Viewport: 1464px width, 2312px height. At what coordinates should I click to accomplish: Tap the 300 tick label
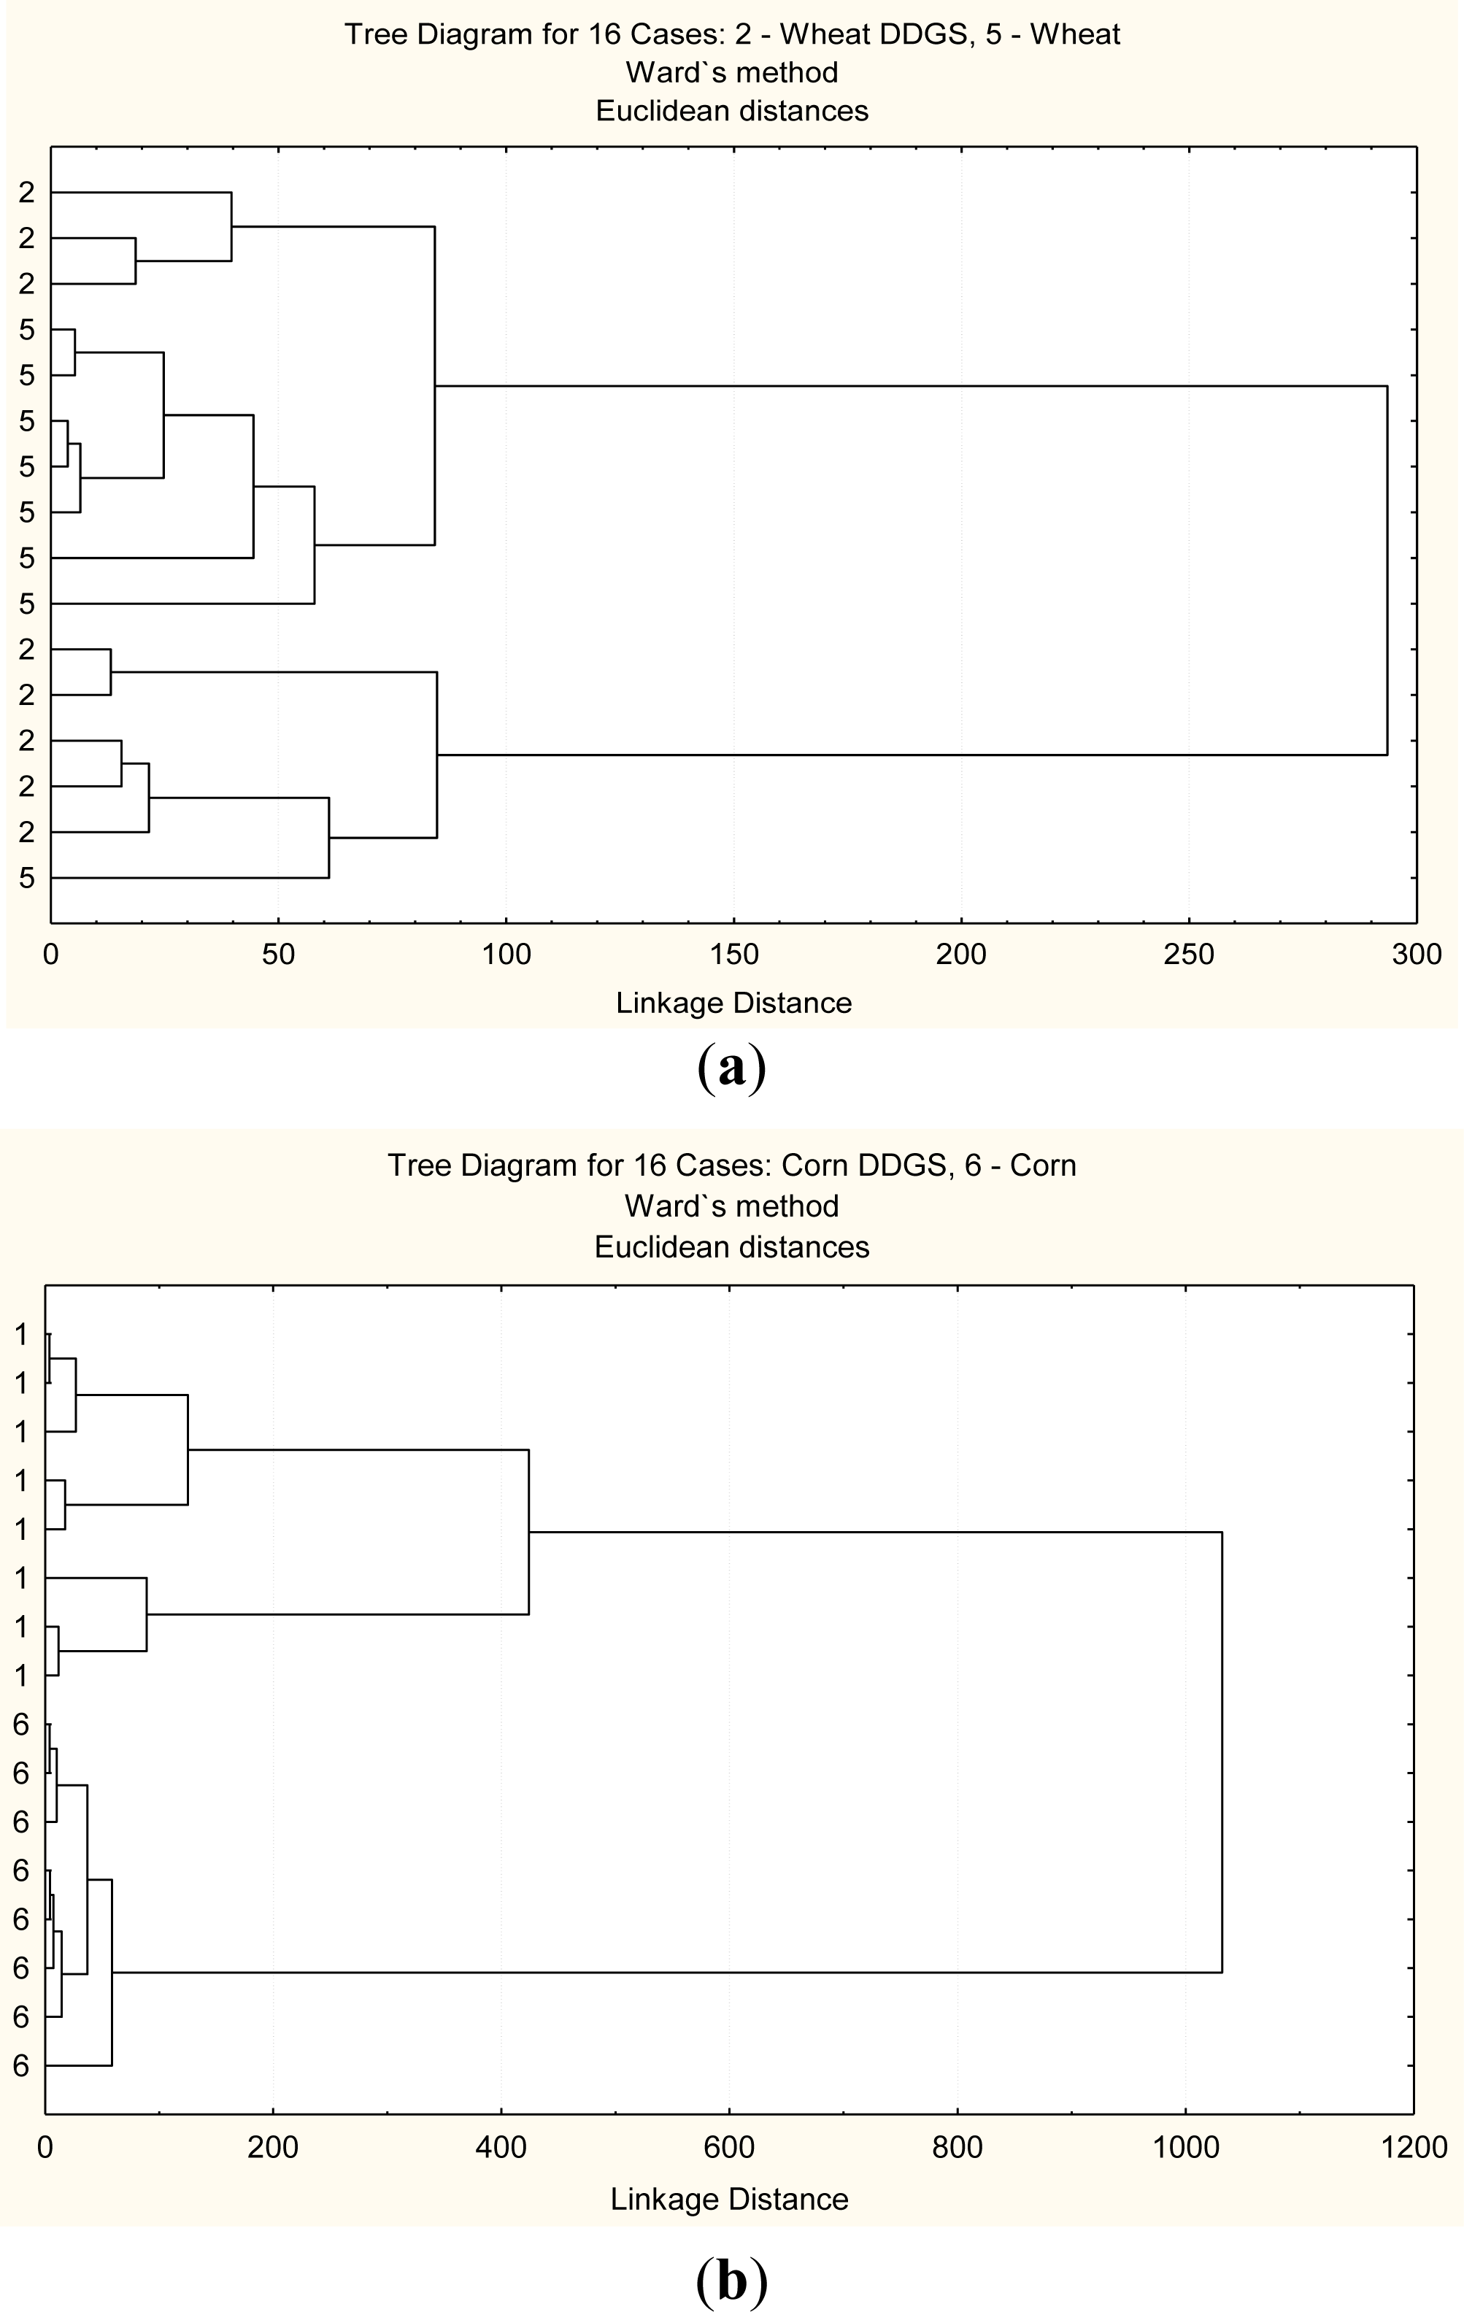pos(1417,955)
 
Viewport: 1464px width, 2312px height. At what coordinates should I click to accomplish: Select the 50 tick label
pos(277,955)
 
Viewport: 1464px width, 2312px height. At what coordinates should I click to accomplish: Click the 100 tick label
pos(506,955)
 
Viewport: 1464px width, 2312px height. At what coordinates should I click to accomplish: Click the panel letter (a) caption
pos(731,1067)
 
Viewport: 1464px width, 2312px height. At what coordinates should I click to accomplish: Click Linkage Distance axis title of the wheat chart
pos(733,1003)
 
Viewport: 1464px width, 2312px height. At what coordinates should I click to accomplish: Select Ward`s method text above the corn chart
pos(731,1206)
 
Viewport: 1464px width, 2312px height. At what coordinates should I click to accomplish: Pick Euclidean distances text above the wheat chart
pos(731,112)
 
